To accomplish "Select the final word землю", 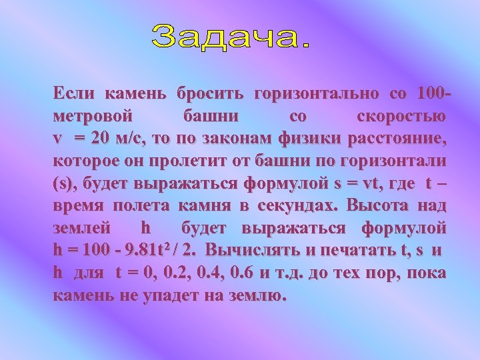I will tap(258, 296).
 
